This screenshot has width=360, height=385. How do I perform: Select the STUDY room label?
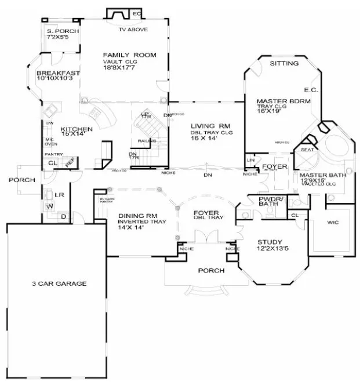(x=270, y=242)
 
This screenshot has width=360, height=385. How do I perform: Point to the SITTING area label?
(x=285, y=63)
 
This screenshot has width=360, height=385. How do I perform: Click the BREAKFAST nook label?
(x=57, y=73)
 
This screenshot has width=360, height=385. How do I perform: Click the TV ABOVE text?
(x=132, y=28)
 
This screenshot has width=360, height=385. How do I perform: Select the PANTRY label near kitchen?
(x=53, y=154)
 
